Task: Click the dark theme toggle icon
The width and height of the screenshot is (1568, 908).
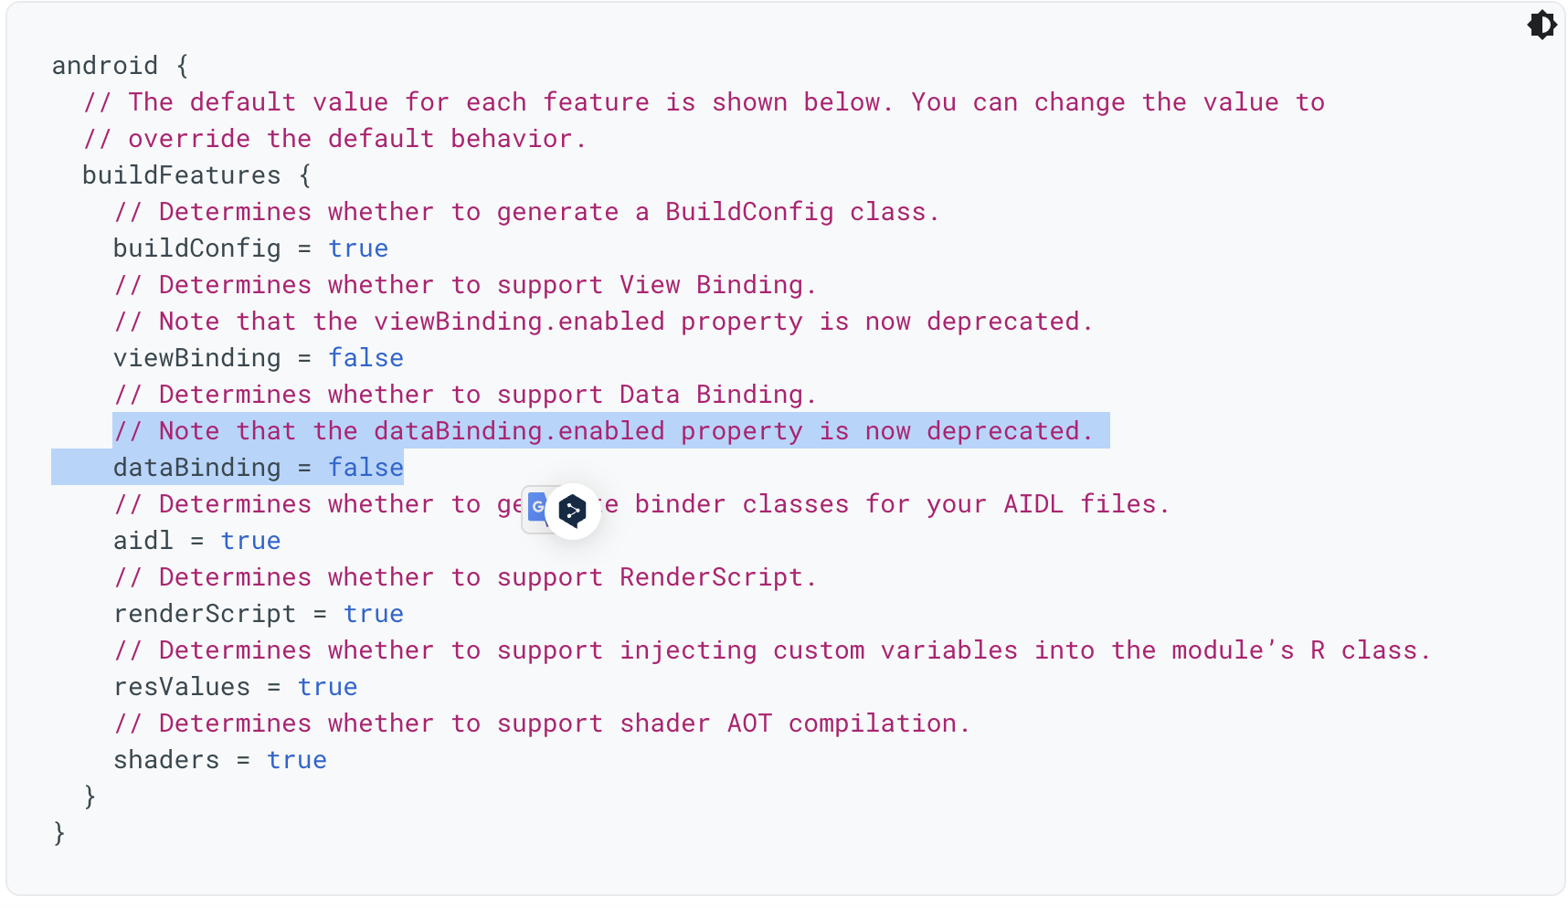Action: tap(1542, 25)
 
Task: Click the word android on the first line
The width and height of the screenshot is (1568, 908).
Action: tap(104, 66)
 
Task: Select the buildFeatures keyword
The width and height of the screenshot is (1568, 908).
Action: tap(181, 175)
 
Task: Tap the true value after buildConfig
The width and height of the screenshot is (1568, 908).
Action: tap(358, 248)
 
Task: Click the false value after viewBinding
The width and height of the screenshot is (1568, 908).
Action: tap(366, 358)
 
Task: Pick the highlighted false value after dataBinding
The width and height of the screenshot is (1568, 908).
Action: tap(366, 468)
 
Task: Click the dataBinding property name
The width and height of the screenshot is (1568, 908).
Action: tap(196, 468)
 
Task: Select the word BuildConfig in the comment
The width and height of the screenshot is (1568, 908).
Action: tap(748, 212)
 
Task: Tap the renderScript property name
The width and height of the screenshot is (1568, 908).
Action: tap(204, 614)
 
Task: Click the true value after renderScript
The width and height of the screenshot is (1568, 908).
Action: tap(373, 614)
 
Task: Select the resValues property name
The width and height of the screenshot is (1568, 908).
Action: tap(181, 687)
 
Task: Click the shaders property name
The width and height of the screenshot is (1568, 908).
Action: tap(165, 760)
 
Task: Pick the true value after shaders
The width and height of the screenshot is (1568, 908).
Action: tap(296, 760)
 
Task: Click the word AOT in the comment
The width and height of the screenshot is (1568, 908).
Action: tap(749, 723)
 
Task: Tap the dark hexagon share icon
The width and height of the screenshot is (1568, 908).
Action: tap(573, 511)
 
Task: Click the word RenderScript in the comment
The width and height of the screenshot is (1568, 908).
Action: tap(710, 577)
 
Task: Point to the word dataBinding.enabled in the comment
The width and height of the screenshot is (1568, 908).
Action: tap(518, 431)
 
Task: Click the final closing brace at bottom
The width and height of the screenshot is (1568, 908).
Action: tap(59, 833)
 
